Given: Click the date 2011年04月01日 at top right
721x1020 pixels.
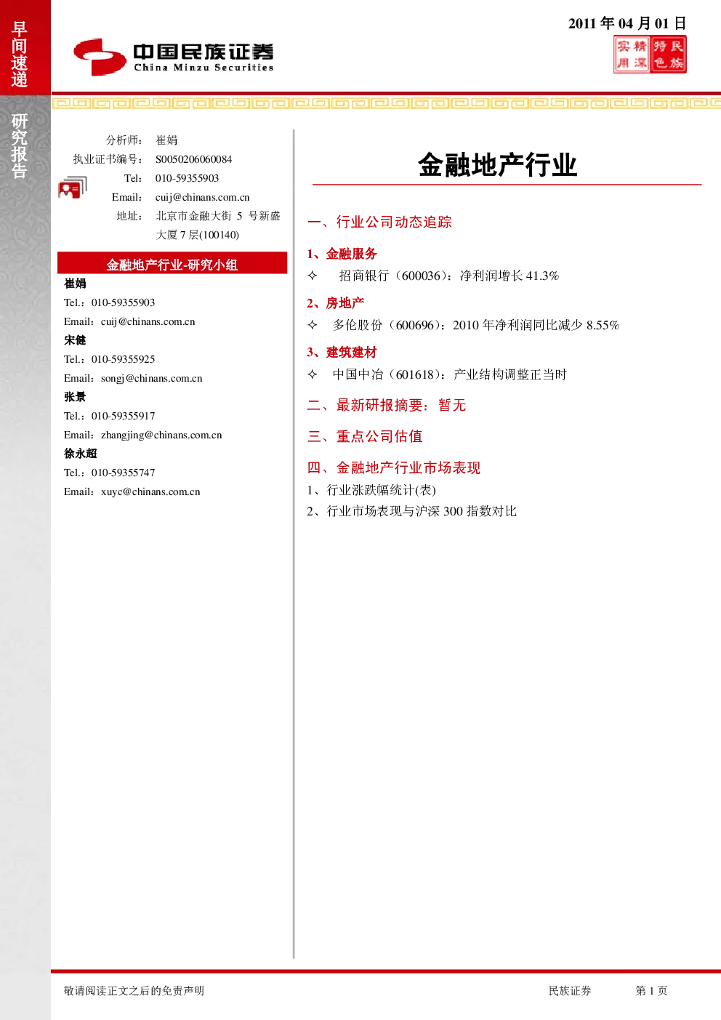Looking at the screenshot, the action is [x=627, y=23].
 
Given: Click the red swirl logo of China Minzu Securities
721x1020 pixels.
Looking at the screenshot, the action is [x=100, y=57].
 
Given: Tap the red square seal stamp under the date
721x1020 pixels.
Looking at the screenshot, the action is [x=650, y=55].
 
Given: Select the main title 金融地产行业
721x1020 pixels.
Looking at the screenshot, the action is [x=498, y=164].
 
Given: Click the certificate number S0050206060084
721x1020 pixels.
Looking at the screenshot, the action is [x=193, y=159].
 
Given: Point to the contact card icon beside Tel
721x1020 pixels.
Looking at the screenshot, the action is [x=73, y=187].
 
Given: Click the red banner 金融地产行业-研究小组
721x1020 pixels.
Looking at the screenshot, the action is [x=172, y=263].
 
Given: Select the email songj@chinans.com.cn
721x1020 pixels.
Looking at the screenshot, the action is [x=152, y=378].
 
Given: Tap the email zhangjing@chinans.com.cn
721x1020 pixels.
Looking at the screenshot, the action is [x=161, y=435].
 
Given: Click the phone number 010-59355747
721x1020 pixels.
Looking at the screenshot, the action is [x=123, y=473].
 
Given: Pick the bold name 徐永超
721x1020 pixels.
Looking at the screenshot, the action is [x=81, y=454].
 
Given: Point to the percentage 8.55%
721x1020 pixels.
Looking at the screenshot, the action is [x=603, y=325].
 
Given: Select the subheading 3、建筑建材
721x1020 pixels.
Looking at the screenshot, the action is [x=342, y=352].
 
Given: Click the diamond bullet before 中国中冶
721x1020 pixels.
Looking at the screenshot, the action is [x=313, y=374].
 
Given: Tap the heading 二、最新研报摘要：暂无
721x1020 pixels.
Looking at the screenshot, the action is [x=387, y=405].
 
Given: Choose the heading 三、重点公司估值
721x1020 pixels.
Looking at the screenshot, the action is [x=365, y=436].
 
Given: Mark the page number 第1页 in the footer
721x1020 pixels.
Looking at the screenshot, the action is [x=651, y=990].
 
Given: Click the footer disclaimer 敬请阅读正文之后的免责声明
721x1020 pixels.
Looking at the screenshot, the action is [x=134, y=990].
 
